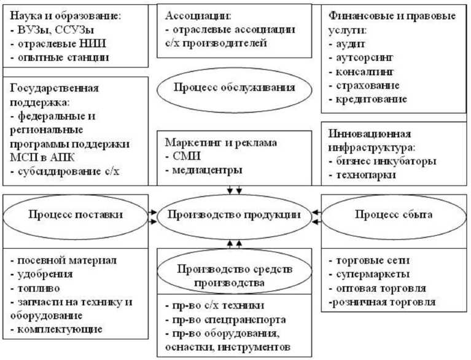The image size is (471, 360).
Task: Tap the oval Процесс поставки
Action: (x=77, y=214)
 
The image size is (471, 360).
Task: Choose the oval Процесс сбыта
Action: (x=394, y=214)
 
